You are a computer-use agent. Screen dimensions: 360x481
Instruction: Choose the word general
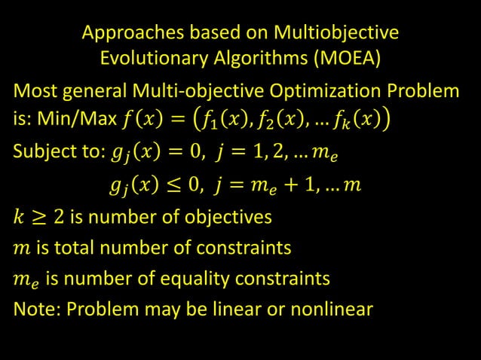click(x=100, y=93)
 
